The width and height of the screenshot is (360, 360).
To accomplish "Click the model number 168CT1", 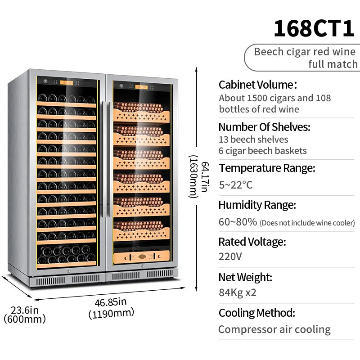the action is [x=314, y=28].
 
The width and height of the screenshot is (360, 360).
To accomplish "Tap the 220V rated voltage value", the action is [x=230, y=256].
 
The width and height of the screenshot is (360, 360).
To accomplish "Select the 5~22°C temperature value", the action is [x=235, y=185].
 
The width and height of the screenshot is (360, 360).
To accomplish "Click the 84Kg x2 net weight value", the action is [x=238, y=292].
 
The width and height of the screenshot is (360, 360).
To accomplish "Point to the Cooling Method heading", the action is [x=257, y=313].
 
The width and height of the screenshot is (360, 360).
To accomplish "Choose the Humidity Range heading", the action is [x=257, y=205].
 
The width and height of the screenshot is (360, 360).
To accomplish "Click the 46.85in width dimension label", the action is [x=111, y=302].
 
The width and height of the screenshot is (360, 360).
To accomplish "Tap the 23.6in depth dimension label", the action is [x=25, y=310].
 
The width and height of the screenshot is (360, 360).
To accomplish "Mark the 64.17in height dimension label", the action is [x=205, y=177].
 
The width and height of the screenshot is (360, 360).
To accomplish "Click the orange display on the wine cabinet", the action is [x=67, y=83].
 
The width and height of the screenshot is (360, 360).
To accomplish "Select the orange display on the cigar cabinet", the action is [x=141, y=87].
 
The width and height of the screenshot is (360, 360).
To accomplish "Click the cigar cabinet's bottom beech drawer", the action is [x=141, y=256].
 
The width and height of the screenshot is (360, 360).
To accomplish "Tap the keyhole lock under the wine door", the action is [x=68, y=271].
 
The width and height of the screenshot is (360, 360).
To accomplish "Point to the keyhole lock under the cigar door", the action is [x=142, y=266].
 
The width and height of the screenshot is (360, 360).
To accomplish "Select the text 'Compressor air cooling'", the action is [x=274, y=329].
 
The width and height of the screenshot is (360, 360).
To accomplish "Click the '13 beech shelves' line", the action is [x=253, y=139].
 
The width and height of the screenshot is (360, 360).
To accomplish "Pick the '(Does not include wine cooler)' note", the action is [x=307, y=223].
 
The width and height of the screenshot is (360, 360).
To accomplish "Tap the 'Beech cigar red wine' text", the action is [x=305, y=52].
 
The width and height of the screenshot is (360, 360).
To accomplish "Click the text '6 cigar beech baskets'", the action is [x=263, y=151].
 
